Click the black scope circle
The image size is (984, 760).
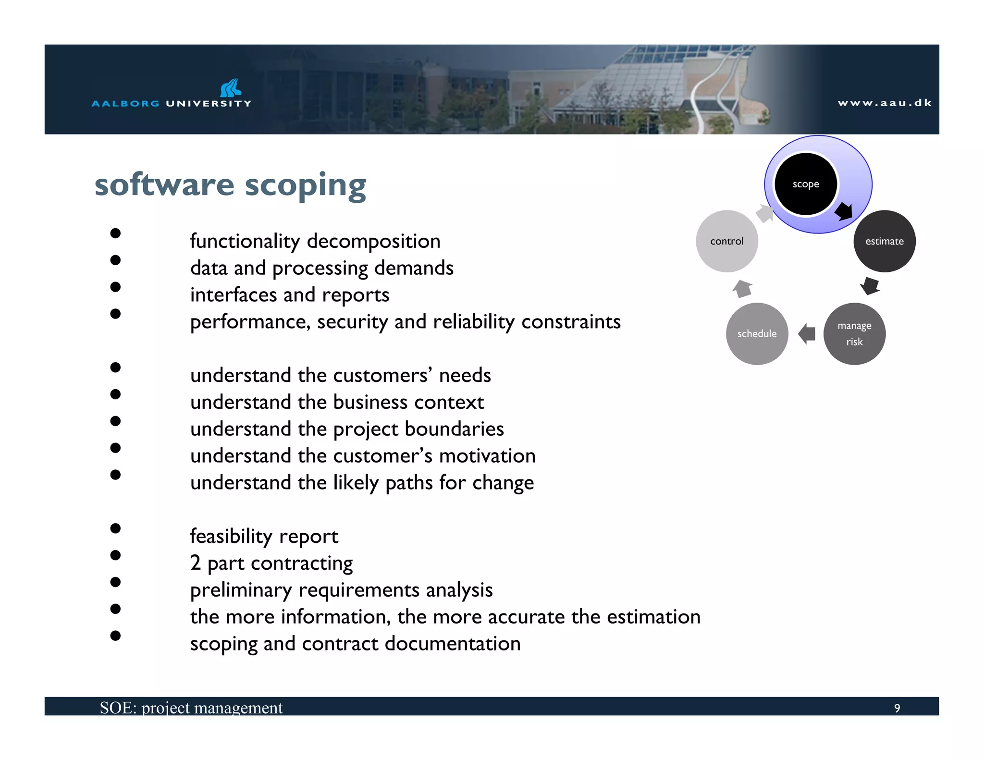point(806,184)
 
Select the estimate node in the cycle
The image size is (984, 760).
point(884,241)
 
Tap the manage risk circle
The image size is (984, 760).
point(854,334)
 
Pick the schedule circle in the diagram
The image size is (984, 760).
point(757,334)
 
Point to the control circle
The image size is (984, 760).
point(726,241)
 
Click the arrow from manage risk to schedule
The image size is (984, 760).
point(807,334)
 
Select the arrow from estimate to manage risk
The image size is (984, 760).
point(870,286)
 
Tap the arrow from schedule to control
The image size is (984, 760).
point(742,288)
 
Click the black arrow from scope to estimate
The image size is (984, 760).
point(844,211)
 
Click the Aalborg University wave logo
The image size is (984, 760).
point(230,88)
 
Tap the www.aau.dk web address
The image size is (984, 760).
point(884,103)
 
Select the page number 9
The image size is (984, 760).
point(897,708)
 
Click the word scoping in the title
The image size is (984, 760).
point(306,185)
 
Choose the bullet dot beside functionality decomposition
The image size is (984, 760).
point(115,233)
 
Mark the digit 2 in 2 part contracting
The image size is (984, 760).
point(195,563)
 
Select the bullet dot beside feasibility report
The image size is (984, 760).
point(115,528)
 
